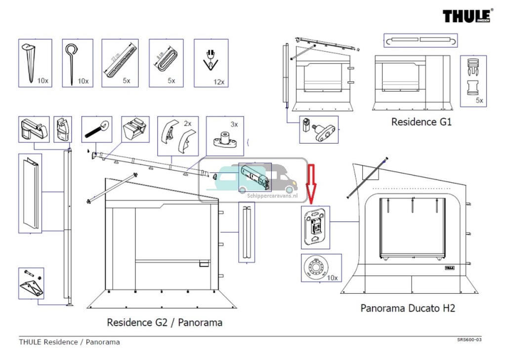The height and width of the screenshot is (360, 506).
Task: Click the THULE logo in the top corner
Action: pyautogui.click(x=467, y=16)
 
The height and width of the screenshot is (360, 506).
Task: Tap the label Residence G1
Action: pyautogui.click(x=421, y=121)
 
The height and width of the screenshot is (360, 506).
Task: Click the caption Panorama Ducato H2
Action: pyautogui.click(x=408, y=308)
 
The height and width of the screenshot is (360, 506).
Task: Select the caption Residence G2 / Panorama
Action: pyautogui.click(x=165, y=322)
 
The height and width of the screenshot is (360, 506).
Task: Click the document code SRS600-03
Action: pyautogui.click(x=469, y=340)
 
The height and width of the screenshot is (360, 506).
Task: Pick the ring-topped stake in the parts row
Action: pyautogui.click(x=72, y=62)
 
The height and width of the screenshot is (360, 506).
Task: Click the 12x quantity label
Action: pyautogui.click(x=219, y=81)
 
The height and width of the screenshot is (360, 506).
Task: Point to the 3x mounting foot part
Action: pyautogui.click(x=225, y=140)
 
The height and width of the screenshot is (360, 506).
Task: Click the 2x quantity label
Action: pyautogui.click(x=187, y=123)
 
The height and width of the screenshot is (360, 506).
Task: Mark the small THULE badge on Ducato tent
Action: pyautogui.click(x=449, y=268)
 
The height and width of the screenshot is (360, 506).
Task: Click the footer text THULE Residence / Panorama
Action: pyautogui.click(x=69, y=342)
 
